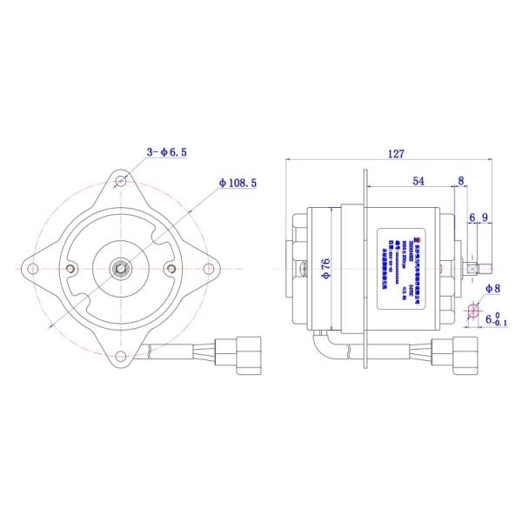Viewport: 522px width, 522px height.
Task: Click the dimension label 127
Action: (x=395, y=154)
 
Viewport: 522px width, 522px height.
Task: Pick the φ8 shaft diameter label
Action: (x=491, y=288)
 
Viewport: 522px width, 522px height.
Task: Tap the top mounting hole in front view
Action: (x=121, y=181)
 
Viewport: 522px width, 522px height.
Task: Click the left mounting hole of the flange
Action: (x=33, y=268)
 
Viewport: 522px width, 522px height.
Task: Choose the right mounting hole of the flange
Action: (x=209, y=268)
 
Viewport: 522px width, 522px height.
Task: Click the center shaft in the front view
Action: (x=121, y=268)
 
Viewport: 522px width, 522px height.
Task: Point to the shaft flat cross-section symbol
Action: (x=472, y=311)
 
